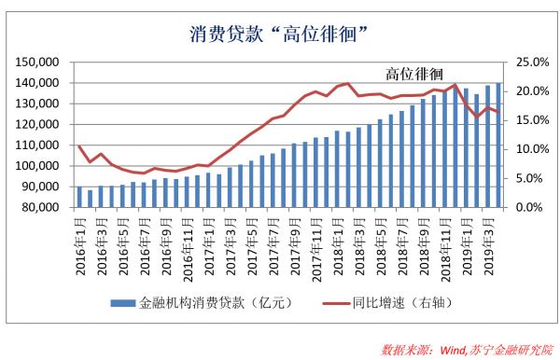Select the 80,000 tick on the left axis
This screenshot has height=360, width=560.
click(42, 207)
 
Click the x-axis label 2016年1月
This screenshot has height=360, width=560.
click(79, 240)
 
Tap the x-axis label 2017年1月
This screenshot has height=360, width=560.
click(208, 240)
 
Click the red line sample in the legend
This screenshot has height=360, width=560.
click(329, 303)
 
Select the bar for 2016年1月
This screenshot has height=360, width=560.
click(79, 197)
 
